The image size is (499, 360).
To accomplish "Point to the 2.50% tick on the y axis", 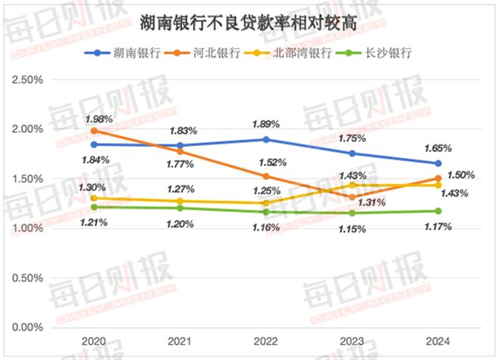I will point(28,79).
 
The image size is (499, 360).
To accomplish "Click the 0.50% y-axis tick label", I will point(28,278).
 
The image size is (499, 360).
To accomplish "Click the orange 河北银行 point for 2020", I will point(94,131).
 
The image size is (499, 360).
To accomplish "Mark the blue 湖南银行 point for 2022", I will point(266,139).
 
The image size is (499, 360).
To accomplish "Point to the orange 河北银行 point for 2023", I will point(352,197).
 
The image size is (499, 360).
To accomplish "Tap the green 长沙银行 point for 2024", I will point(438,211).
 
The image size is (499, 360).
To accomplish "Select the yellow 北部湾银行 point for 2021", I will point(180,201).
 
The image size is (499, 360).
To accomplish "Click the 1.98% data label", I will point(98,119).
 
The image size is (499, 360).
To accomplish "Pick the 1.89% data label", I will point(266,123).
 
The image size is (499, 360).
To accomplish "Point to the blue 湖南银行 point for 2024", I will point(438,163).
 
